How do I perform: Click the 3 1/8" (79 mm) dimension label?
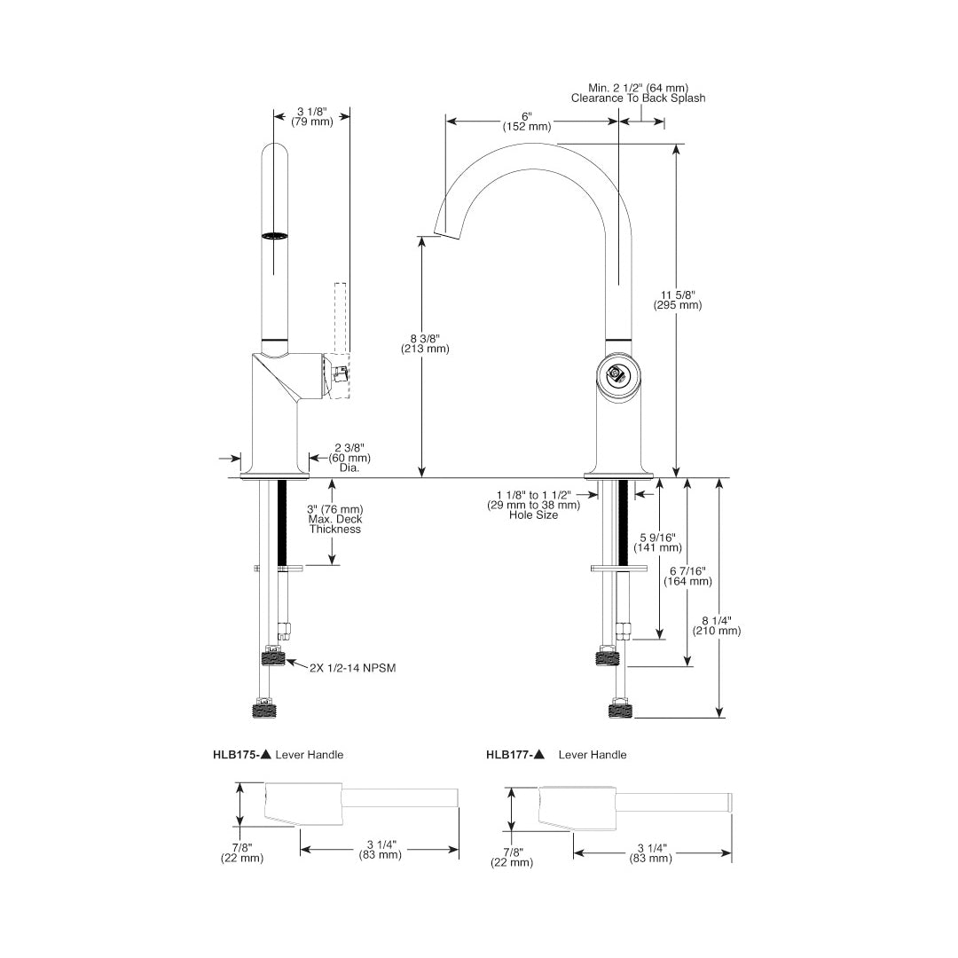click(x=311, y=117)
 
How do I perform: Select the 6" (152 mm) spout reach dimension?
click(x=527, y=122)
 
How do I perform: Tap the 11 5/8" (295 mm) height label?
click(x=678, y=300)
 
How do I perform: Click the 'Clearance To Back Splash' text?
click(x=638, y=98)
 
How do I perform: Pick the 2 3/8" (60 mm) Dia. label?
click(x=349, y=459)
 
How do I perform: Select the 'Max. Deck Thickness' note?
click(x=334, y=524)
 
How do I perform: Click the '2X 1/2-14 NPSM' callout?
click(x=352, y=669)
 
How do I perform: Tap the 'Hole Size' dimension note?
click(x=533, y=515)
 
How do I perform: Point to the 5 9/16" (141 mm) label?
click(x=657, y=543)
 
